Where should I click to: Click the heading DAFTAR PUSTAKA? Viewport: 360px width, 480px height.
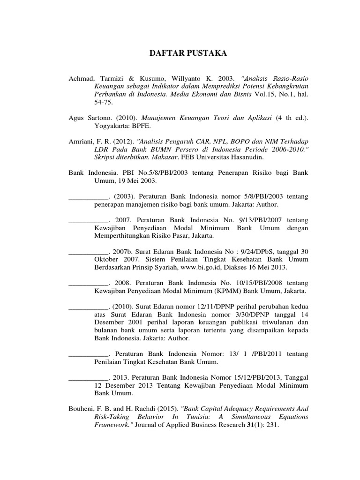181,54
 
